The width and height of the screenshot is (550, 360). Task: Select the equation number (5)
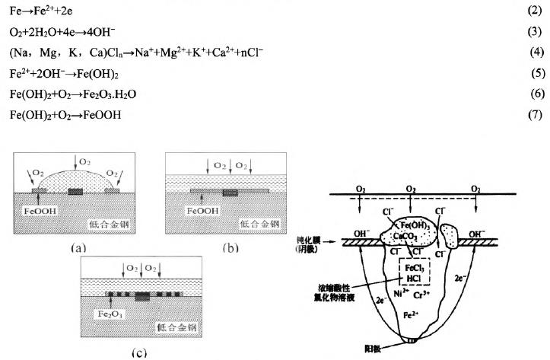[x=536, y=74]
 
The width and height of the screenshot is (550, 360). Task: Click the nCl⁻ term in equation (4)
[x=247, y=54]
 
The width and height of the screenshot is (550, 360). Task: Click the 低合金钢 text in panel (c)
[x=179, y=328]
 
